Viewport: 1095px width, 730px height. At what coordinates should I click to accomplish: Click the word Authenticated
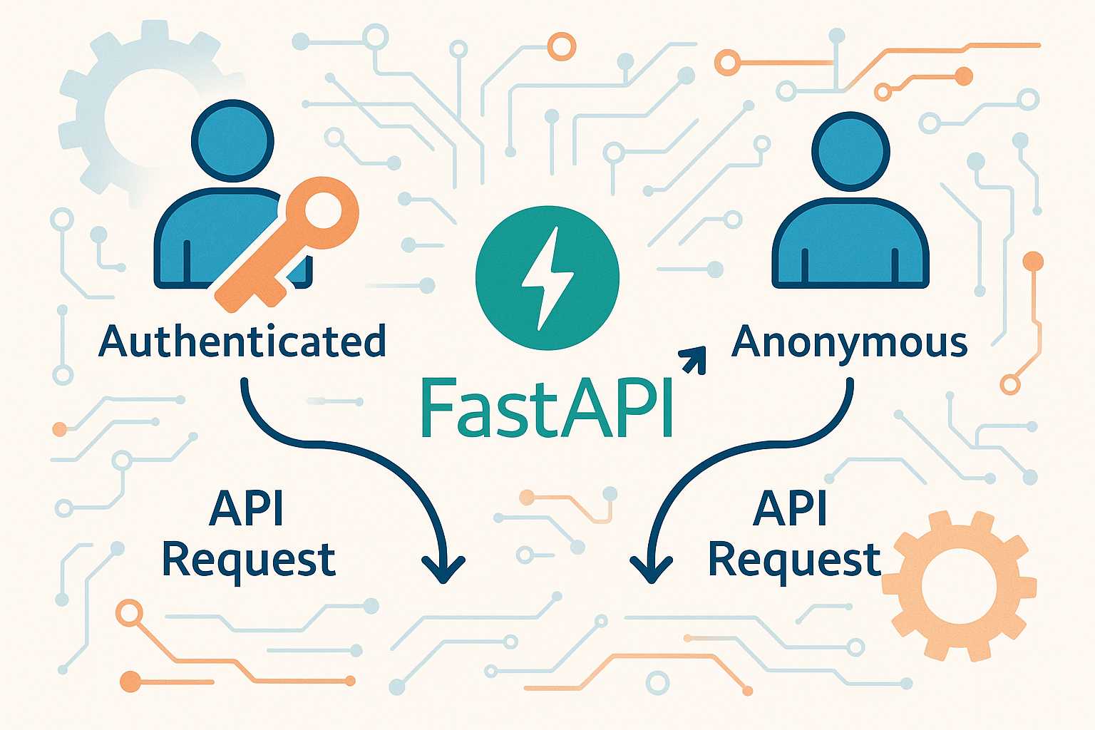point(242,341)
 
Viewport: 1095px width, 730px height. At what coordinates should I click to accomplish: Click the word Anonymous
point(850,343)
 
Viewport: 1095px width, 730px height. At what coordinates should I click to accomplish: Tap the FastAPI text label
point(547,408)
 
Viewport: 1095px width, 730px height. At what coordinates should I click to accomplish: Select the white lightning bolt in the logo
point(546,278)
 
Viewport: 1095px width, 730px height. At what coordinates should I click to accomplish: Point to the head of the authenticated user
point(232,139)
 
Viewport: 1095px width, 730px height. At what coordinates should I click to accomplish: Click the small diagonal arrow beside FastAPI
point(694,359)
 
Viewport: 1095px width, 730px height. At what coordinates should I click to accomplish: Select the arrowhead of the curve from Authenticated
point(443,567)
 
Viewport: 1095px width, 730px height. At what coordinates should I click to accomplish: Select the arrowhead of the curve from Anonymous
point(651,567)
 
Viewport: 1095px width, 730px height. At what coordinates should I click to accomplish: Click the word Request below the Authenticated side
point(249,560)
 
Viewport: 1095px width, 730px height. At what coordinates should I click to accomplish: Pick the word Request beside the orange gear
point(794,560)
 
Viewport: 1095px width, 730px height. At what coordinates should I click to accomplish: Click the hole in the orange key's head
point(323,212)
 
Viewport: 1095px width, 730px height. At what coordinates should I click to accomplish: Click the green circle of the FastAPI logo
point(499,314)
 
